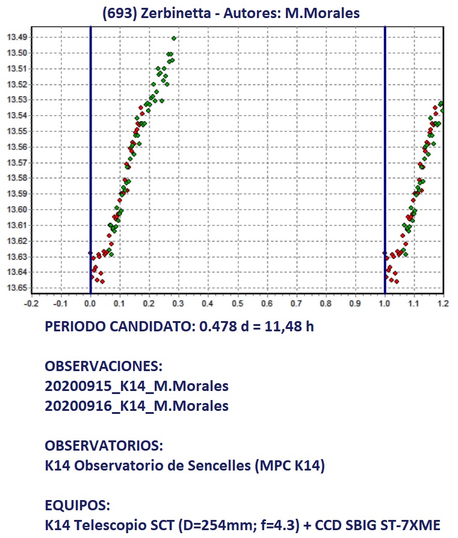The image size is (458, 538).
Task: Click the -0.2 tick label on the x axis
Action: pyautogui.click(x=31, y=304)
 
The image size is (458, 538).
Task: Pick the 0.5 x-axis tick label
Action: pyautogui.click(x=238, y=304)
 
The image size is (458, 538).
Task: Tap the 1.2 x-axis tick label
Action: pyautogui.click(x=443, y=304)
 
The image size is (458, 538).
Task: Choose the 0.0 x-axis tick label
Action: pyautogui.click(x=90, y=304)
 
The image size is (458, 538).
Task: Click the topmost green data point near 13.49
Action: pyautogui.click(x=173, y=38)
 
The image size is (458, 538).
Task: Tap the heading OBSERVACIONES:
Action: pyautogui.click(x=104, y=367)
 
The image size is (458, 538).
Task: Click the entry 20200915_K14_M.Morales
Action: pyautogui.click(x=137, y=386)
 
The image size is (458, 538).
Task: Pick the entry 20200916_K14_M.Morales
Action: pyautogui.click(x=137, y=406)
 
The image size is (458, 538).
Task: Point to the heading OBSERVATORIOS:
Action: pyautogui.click(x=104, y=446)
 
